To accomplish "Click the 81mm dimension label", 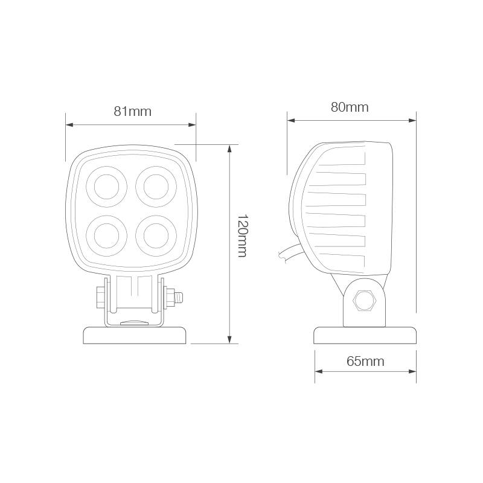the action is (132, 111).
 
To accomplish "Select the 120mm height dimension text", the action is (243, 235).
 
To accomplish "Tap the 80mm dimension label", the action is (350, 107).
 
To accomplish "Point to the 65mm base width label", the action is (365, 361).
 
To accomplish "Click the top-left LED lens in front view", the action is (107, 187).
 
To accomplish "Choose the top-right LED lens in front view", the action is (156, 187).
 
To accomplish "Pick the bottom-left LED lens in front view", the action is (107, 236).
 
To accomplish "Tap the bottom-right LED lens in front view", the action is (156, 236).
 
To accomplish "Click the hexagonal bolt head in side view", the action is (365, 300).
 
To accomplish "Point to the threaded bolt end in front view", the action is (179, 298).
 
